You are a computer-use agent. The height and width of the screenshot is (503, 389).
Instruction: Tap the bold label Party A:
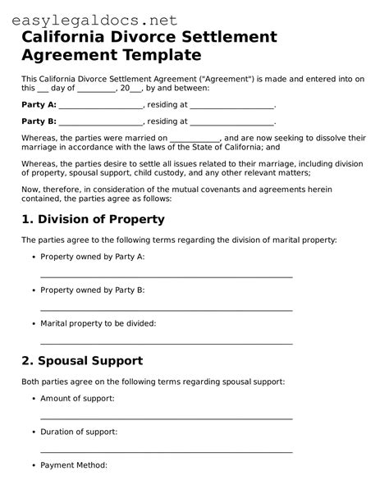click(39, 105)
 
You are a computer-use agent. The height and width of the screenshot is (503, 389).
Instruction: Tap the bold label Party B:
click(39, 121)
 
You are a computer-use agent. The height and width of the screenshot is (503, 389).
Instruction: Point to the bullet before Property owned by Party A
click(34, 257)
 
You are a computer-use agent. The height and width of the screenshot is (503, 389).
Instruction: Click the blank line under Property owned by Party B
click(166, 310)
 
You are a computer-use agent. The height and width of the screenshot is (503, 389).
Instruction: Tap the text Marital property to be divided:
click(98, 323)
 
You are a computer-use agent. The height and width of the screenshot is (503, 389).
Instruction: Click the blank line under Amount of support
click(166, 418)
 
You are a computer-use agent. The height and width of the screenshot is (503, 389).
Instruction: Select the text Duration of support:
click(79, 431)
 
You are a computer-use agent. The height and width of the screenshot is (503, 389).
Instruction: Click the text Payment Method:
click(74, 464)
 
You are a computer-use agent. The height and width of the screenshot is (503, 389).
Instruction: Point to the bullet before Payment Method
click(34, 464)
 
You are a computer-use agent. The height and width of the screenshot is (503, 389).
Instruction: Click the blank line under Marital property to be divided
click(166, 343)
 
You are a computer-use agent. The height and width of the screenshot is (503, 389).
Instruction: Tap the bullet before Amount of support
click(34, 398)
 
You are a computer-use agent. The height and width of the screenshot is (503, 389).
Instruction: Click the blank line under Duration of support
click(166, 451)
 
